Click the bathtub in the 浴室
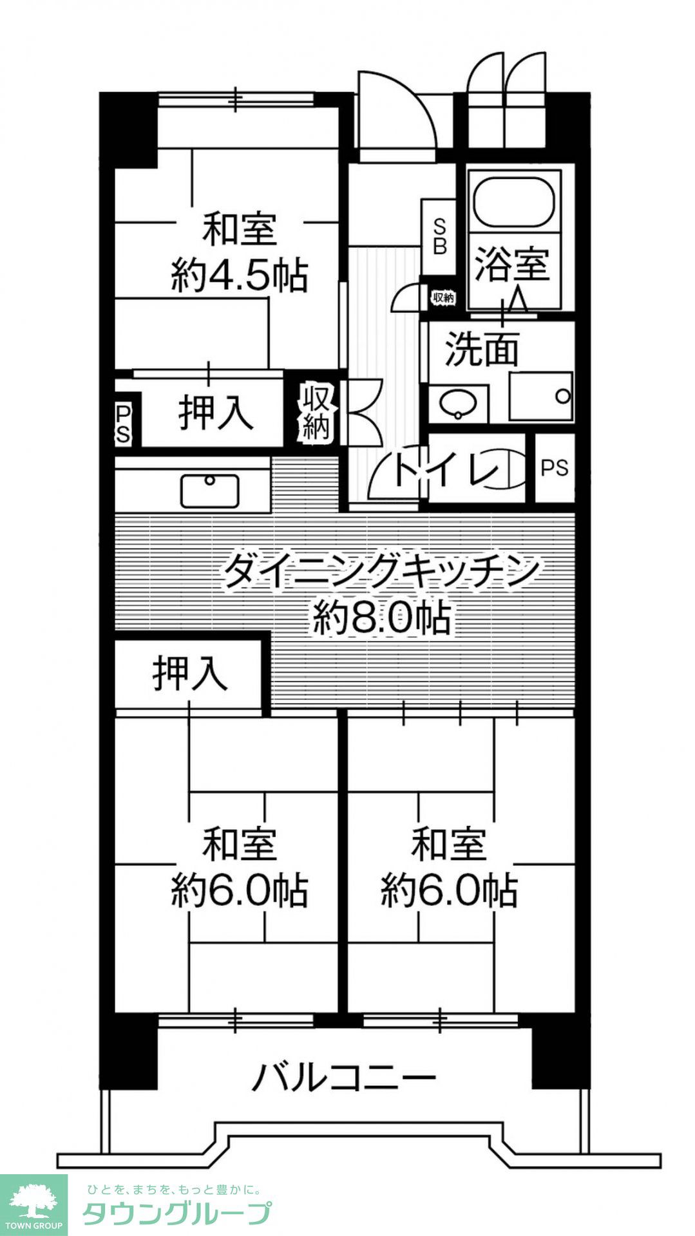(513, 199)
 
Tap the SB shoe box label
(439, 236)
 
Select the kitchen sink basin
(210, 491)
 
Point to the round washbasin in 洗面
(458, 404)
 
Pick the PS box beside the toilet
(555, 468)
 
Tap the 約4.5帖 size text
(239, 276)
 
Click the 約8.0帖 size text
(381, 619)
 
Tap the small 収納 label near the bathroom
(443, 298)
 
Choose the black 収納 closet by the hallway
(316, 413)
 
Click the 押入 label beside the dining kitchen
(190, 674)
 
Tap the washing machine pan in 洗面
(540, 397)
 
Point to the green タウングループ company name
(176, 1213)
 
